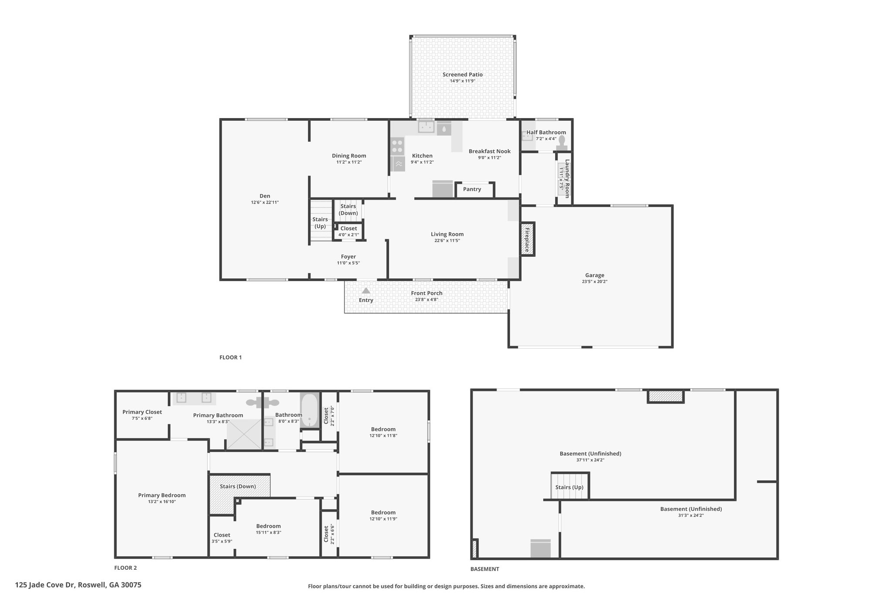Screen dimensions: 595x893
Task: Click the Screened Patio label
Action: [x=462, y=75]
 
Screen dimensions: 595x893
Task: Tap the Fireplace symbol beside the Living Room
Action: [x=527, y=239]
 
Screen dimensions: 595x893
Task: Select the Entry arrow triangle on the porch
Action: [x=366, y=291]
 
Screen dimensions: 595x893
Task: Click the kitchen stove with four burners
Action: [x=397, y=146]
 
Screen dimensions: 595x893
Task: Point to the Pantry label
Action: [x=472, y=189]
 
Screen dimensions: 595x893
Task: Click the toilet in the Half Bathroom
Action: [x=562, y=142]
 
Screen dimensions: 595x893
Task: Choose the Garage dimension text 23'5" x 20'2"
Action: [x=594, y=282]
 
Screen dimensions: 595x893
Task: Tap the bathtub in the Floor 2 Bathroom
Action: [x=310, y=410]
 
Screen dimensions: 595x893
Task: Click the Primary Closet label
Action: [x=142, y=412]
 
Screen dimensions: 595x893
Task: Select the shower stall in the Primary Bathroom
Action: [x=244, y=434]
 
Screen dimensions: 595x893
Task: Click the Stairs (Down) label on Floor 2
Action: [x=238, y=486]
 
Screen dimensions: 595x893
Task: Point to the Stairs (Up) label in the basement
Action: [x=569, y=487]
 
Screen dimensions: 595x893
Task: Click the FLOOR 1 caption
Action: [x=230, y=357]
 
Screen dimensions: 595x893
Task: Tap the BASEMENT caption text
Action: [x=484, y=569]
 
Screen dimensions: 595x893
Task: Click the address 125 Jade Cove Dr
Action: [x=78, y=585]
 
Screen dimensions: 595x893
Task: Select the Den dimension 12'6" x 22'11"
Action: [x=265, y=202]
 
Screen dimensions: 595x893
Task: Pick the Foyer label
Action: [x=348, y=257]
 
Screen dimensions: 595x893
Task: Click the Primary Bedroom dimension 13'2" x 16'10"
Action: [x=162, y=502]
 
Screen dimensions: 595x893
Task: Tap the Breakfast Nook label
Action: [x=489, y=151]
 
